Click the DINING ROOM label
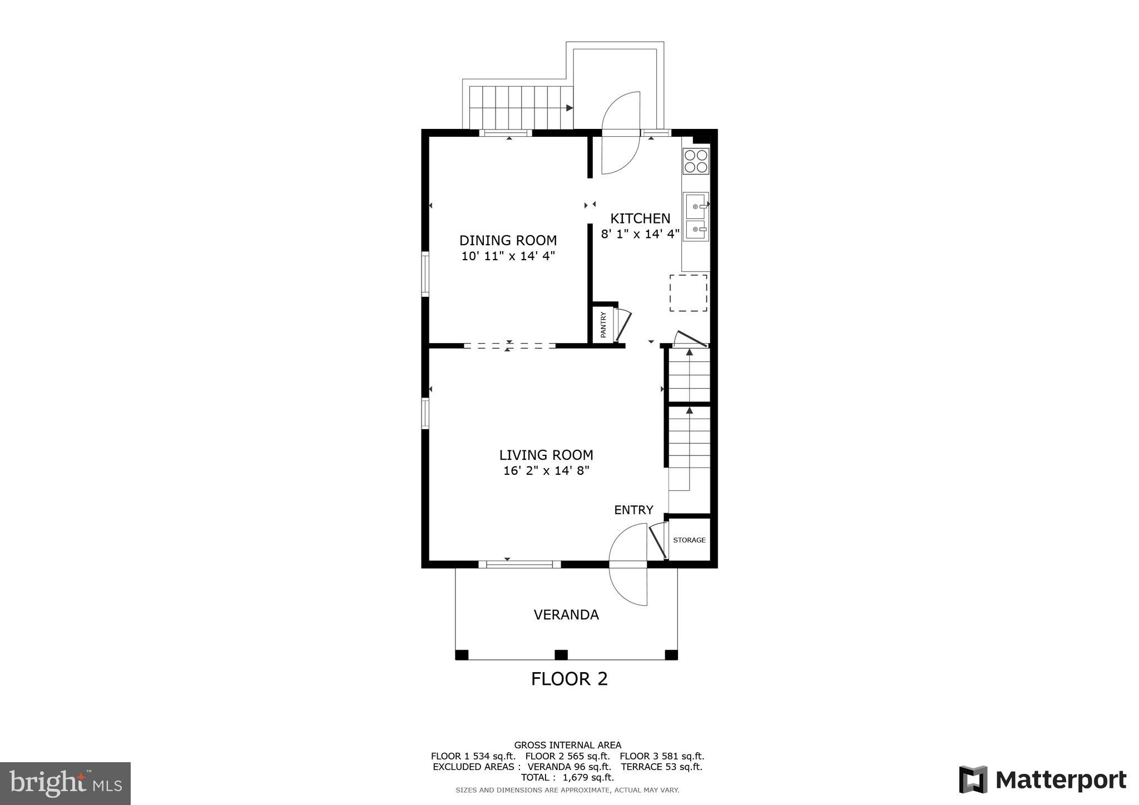(508, 240)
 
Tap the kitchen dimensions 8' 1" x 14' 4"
(640, 234)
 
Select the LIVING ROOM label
(546, 455)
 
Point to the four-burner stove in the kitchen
(696, 161)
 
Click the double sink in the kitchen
(696, 217)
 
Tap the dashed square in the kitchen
(688, 293)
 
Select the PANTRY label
(603, 325)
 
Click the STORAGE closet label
(689, 540)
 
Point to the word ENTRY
(633, 510)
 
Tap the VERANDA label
(566, 615)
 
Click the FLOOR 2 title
(569, 679)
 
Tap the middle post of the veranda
(561, 655)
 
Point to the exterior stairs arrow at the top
(569, 108)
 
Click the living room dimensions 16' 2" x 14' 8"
(546, 471)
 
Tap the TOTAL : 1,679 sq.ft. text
(567, 777)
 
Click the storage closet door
(658, 541)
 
